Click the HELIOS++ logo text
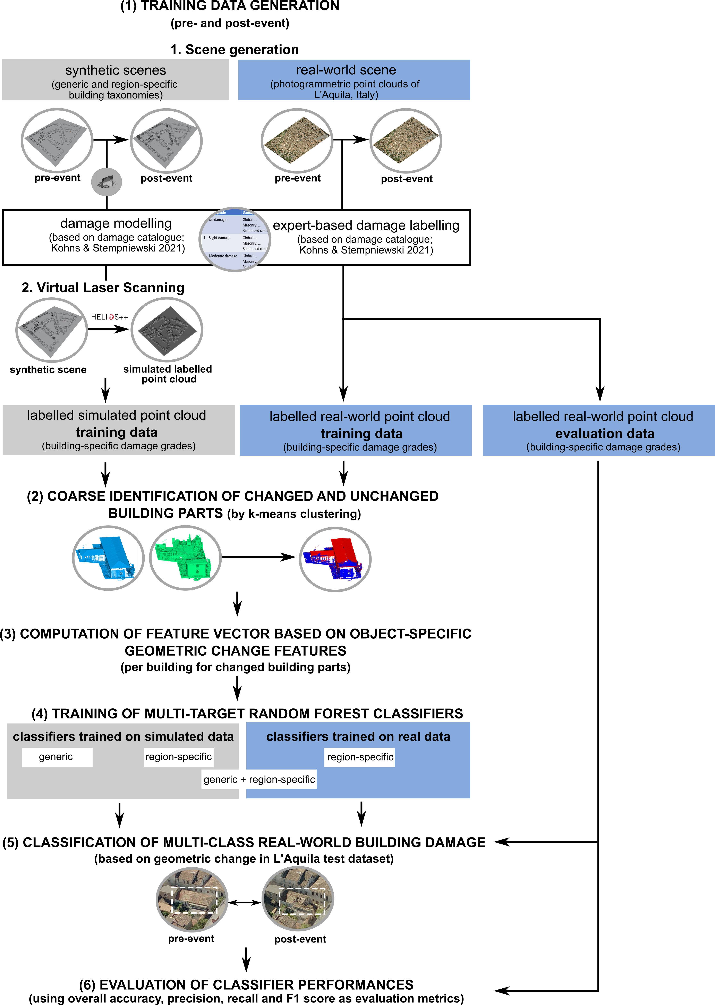point(109,317)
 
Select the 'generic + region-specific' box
point(259,779)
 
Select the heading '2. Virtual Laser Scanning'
point(103,288)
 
